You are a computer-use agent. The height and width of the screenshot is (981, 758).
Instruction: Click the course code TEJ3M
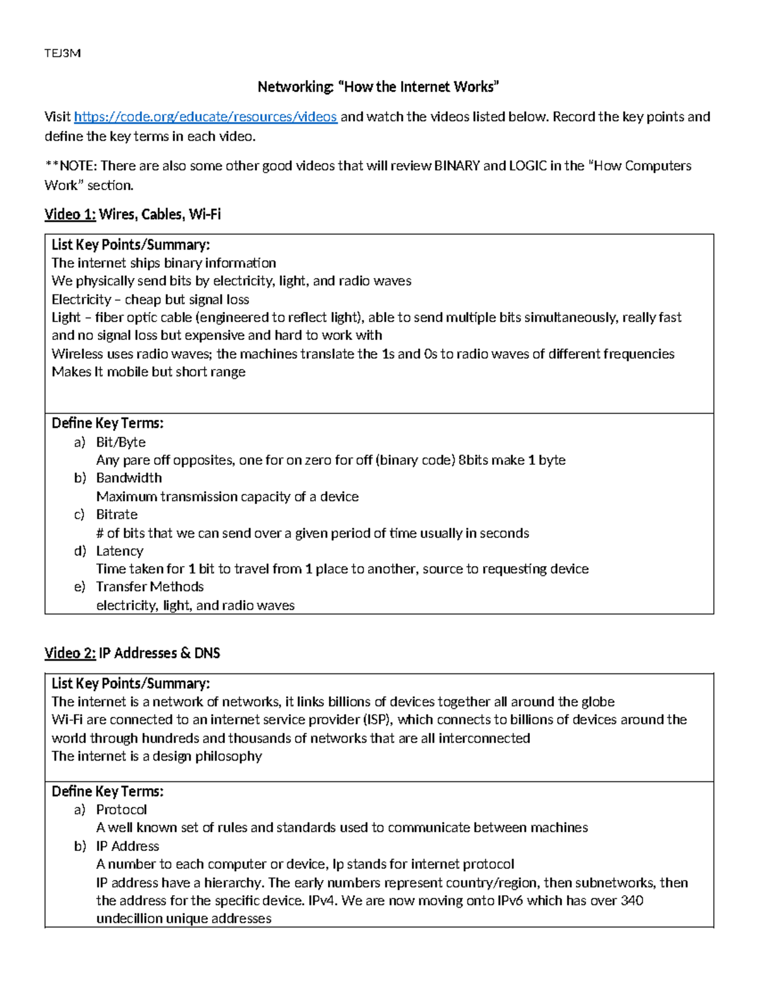(63, 53)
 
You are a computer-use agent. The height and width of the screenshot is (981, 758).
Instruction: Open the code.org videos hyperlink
(205, 117)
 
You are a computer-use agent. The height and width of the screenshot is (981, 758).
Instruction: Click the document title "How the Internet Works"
(378, 87)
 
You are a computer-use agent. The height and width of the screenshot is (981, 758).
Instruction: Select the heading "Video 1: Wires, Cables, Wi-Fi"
(133, 215)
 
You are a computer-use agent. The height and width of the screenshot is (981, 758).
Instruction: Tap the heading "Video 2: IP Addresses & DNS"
(132, 653)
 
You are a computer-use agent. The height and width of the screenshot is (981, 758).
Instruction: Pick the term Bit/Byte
(121, 442)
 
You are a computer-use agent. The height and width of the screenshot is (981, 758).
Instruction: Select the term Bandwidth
(129, 478)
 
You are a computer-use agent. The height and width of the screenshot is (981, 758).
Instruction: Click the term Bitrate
(117, 515)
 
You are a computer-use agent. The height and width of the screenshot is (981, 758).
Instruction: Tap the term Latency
(119, 551)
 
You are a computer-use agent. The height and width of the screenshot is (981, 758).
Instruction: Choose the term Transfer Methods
(150, 587)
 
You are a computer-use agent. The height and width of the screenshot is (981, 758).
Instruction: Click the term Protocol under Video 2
(121, 810)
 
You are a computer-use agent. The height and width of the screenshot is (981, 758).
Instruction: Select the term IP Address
(128, 846)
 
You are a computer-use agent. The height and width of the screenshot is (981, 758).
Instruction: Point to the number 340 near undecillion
(632, 901)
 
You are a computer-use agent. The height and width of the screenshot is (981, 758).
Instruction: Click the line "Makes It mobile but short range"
(148, 372)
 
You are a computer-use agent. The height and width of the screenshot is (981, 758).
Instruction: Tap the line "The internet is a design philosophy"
(157, 757)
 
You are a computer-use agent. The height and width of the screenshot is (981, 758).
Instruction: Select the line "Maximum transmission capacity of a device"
(227, 497)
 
